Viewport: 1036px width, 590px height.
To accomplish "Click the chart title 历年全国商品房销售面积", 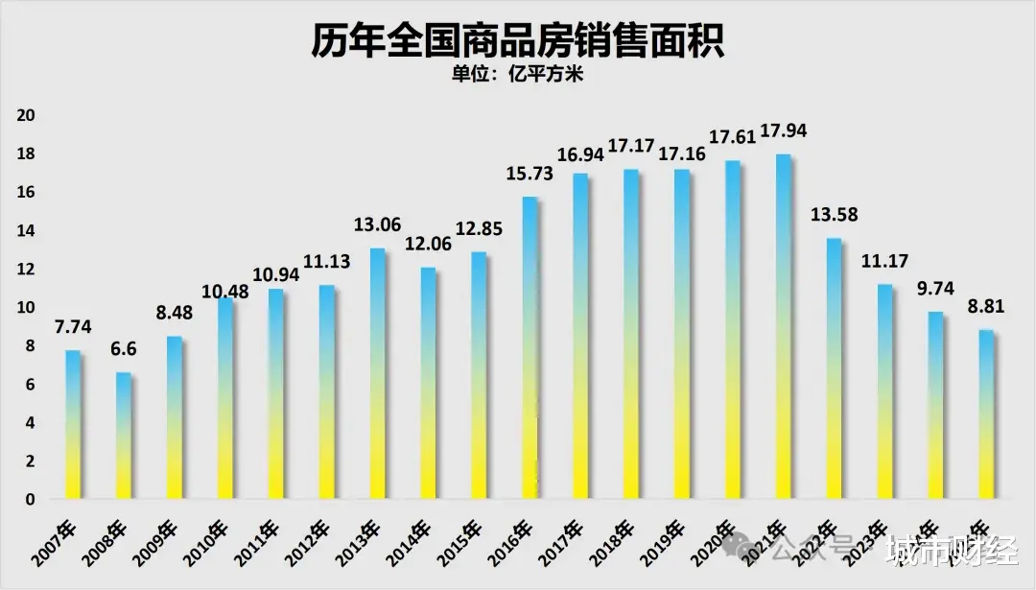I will click(517, 41).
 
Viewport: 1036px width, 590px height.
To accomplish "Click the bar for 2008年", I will click(124, 436).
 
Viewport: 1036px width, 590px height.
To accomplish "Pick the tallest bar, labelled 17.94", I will click(783, 326).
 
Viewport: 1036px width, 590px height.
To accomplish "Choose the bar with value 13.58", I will click(834, 368).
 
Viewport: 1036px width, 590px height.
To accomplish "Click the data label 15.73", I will click(530, 175).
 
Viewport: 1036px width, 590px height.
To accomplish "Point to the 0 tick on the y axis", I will click(31, 500).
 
